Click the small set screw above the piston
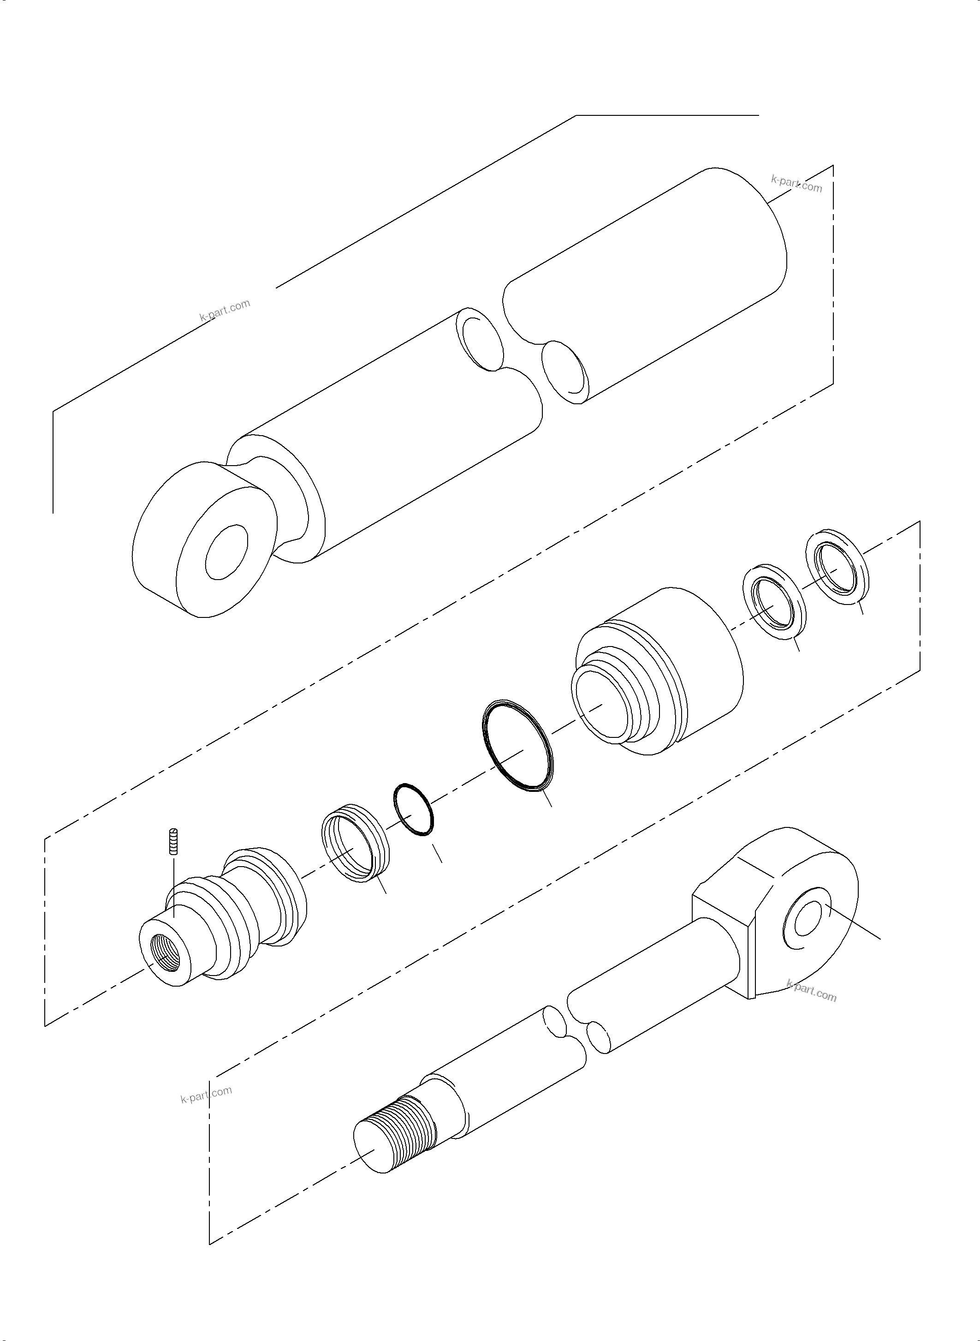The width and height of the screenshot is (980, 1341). tap(174, 841)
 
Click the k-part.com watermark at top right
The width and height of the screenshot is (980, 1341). tap(797, 184)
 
